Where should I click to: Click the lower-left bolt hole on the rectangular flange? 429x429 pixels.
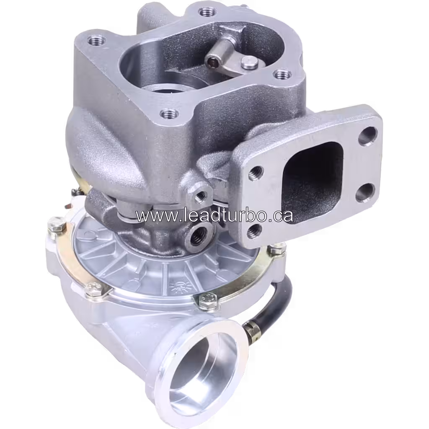pyautogui.click(x=254, y=231)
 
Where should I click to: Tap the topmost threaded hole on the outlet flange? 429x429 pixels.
pyautogui.click(x=205, y=11)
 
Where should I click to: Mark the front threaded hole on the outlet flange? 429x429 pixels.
pyautogui.click(x=169, y=113)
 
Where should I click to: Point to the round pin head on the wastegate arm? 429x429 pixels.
pyautogui.click(x=249, y=63)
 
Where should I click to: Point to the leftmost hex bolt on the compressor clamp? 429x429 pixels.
pyautogui.click(x=56, y=229)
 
